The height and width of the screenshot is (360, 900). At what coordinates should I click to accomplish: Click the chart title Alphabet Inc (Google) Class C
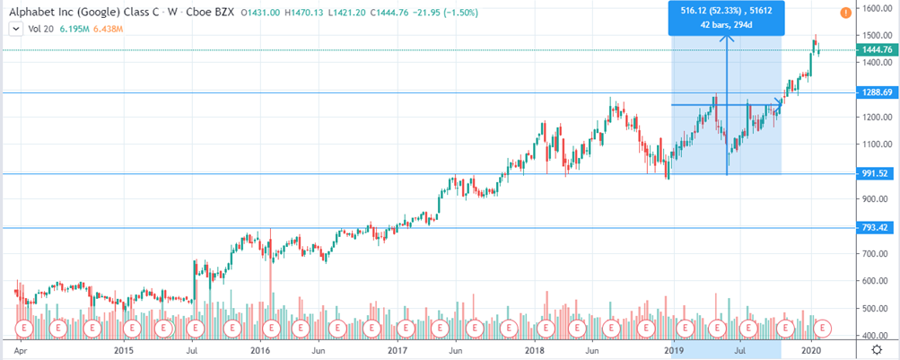click(x=86, y=12)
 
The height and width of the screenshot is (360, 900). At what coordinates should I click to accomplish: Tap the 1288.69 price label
click(x=874, y=92)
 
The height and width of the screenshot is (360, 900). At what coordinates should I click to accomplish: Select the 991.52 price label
click(x=874, y=173)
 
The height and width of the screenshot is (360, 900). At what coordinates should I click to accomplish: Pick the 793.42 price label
click(x=874, y=227)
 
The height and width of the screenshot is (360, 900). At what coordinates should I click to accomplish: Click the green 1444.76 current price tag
click(x=874, y=50)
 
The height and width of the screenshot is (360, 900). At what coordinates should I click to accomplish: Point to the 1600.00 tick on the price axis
click(x=874, y=8)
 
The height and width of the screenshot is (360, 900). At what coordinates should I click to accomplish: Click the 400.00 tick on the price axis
click(x=874, y=335)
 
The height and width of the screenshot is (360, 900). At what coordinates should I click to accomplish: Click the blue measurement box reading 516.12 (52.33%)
click(x=727, y=18)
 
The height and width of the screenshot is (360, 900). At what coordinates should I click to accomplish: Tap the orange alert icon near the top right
click(x=846, y=13)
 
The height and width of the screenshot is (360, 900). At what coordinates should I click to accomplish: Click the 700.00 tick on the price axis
click(x=874, y=254)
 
